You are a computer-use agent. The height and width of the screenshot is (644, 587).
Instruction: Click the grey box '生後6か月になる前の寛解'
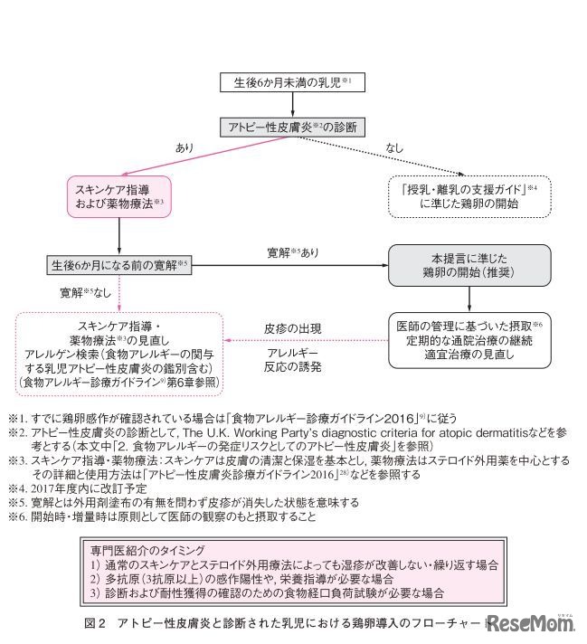119,265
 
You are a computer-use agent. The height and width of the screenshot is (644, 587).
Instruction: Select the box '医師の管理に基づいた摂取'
469,340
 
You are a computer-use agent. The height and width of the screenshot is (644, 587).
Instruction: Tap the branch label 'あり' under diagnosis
184,146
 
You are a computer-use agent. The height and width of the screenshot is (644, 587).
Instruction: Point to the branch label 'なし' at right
395,146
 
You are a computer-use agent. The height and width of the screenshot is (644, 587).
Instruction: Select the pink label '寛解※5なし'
86,293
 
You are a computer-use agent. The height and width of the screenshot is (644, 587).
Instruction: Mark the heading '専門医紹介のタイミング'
149,548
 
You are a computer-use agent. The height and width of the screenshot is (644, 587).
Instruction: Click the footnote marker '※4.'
20,488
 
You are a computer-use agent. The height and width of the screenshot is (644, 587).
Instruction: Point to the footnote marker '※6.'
20,516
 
